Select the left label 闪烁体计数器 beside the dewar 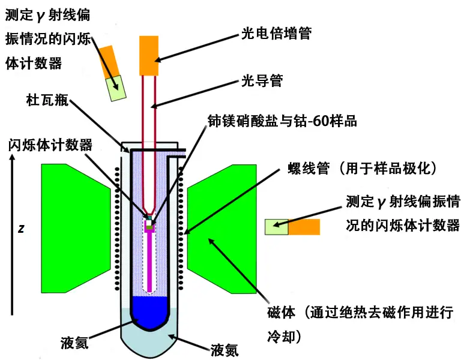[50, 145]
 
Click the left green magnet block [72, 228]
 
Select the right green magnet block [222, 228]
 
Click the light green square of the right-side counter [276, 227]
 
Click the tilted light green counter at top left [116, 87]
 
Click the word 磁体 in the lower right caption [281, 313]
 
